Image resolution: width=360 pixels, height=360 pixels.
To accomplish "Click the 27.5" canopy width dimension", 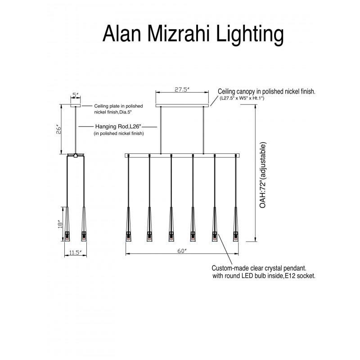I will coord(182,90).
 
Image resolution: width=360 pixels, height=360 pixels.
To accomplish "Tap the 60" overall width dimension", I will coord(182,251).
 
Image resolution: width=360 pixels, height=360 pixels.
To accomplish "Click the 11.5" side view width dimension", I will coord(75,253).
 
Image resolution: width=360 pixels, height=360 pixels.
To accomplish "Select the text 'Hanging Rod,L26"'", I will coord(119,127).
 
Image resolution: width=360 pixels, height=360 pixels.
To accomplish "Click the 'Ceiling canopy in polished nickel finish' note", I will coord(266,91).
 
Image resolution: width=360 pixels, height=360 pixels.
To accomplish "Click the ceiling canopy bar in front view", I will coord(182,106).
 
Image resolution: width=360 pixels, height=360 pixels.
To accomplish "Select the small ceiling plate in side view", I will coord(75,104).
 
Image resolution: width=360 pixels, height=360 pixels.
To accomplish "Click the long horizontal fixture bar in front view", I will coord(182,155).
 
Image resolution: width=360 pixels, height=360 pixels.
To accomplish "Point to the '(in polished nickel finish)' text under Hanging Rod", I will coord(118,134).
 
